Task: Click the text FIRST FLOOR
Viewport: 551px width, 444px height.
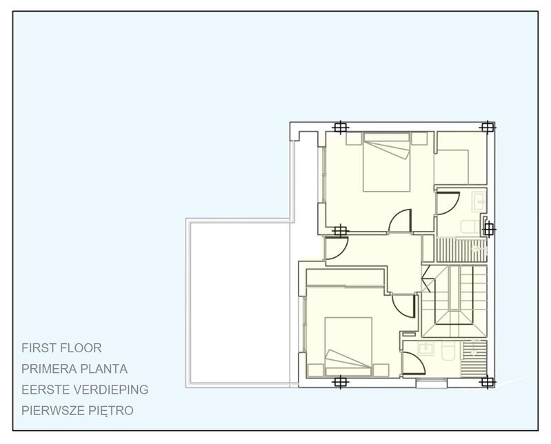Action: tap(61, 348)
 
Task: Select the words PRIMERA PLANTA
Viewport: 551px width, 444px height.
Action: tap(74, 369)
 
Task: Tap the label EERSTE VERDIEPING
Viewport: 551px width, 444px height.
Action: tap(85, 390)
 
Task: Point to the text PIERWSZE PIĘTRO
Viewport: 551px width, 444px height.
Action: tap(77, 410)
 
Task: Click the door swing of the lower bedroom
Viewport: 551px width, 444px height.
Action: tap(403, 303)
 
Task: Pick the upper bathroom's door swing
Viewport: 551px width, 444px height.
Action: tap(446, 203)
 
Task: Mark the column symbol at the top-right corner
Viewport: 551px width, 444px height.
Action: tap(487, 127)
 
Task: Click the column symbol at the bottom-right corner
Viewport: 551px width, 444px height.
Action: tap(487, 381)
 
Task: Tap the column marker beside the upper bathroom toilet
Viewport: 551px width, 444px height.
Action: tap(488, 228)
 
